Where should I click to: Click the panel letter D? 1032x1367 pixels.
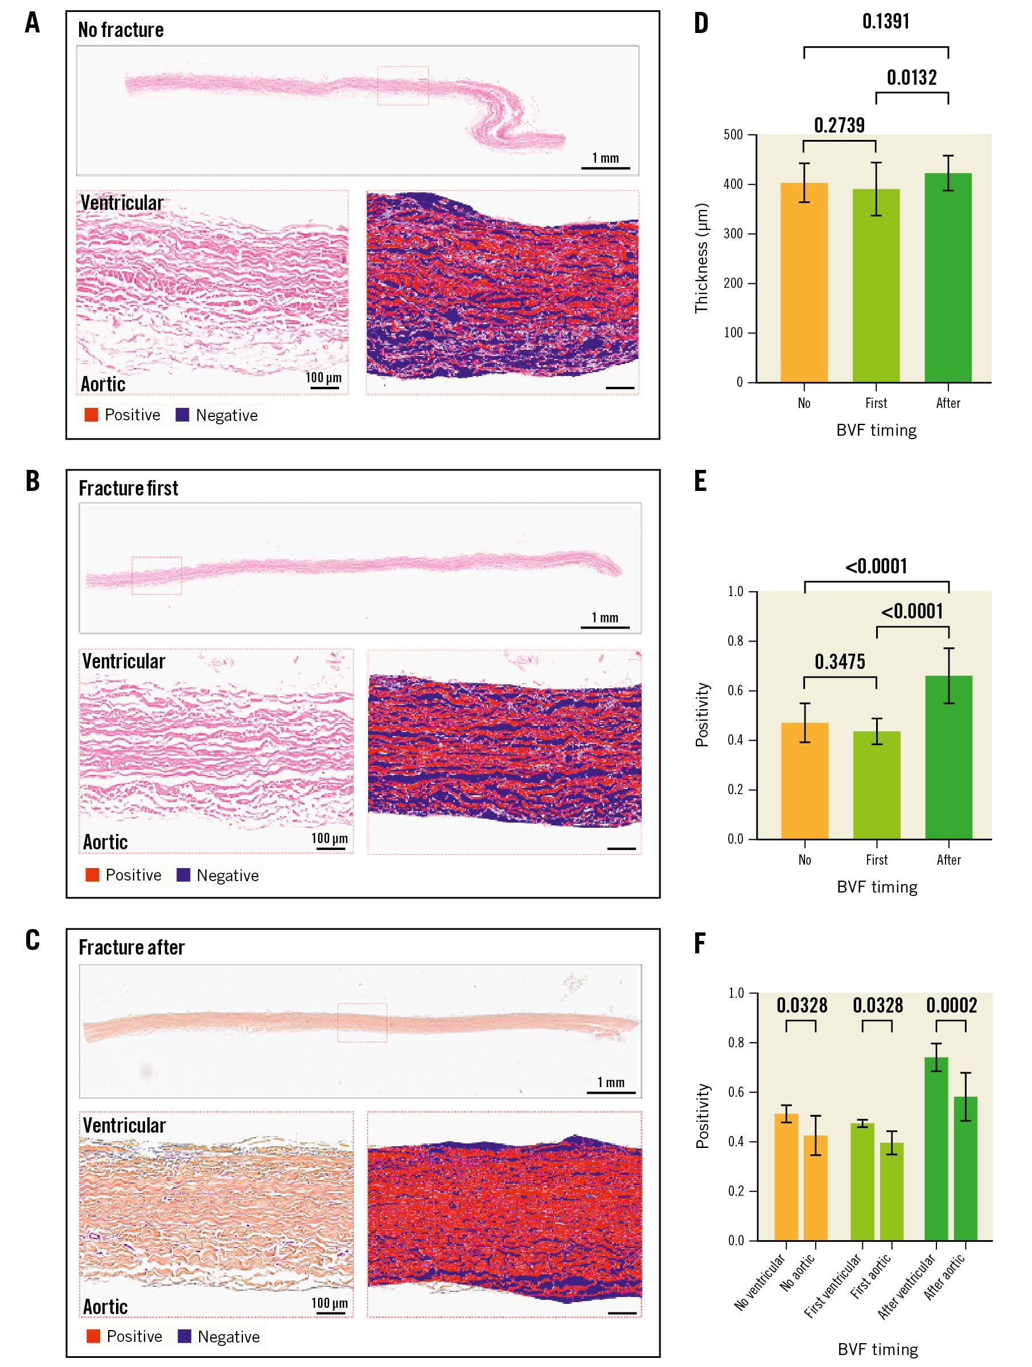pyautogui.click(x=701, y=23)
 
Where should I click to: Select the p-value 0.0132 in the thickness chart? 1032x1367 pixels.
pyautogui.click(x=911, y=78)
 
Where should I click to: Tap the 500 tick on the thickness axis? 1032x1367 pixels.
pyautogui.click(x=733, y=135)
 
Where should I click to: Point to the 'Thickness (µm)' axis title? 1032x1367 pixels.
pyautogui.click(x=701, y=258)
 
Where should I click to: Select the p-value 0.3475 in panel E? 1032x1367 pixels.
pyautogui.click(x=839, y=662)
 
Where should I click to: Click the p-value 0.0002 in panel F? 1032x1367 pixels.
pyautogui.click(x=951, y=1005)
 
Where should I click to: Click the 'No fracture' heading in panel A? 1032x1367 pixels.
pyautogui.click(x=121, y=30)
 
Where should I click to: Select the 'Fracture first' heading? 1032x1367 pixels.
pyautogui.click(x=129, y=488)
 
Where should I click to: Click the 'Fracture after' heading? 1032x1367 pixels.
pyautogui.click(x=131, y=947)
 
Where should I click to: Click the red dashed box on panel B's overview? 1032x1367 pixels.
pyautogui.click(x=156, y=575)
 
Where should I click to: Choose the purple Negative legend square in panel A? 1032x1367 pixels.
pyautogui.click(x=182, y=415)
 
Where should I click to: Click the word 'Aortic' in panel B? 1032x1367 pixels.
pyautogui.click(x=106, y=842)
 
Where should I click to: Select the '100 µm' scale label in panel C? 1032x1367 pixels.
pyautogui.click(x=329, y=1303)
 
